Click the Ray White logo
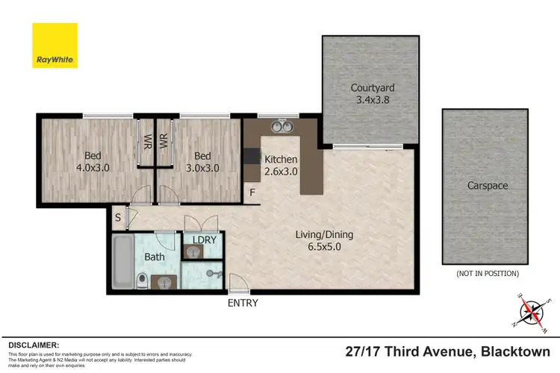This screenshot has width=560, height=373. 54,46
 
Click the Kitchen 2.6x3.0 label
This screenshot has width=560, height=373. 281,166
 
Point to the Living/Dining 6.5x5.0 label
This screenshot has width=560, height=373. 323,241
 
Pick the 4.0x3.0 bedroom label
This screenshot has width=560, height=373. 92,162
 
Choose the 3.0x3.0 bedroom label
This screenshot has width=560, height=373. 202,162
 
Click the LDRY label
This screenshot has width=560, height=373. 204,239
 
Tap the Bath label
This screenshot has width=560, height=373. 155,257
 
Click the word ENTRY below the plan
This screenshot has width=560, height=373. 243,303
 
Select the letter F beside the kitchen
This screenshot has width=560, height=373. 253,193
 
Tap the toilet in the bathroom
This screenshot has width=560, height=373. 142,280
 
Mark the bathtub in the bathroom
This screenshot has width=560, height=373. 120,260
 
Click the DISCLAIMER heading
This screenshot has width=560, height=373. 34,345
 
